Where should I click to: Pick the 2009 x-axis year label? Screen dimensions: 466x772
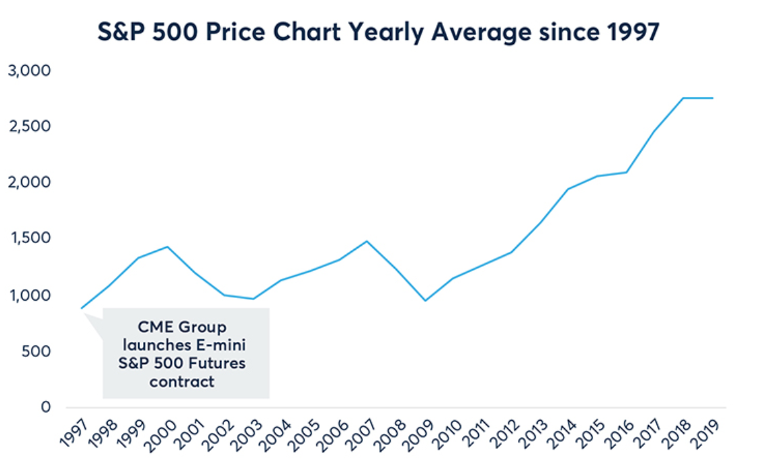(419, 434)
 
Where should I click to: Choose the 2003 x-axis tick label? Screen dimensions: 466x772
(249, 434)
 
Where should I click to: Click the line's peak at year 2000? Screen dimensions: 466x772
(167, 247)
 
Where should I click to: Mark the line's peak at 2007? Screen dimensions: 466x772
(366, 241)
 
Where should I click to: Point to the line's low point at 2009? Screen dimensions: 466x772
(425, 301)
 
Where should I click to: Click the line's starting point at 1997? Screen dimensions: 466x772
(82, 308)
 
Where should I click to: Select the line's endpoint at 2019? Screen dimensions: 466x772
(713, 98)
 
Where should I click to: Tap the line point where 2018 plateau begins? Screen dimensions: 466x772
(684, 98)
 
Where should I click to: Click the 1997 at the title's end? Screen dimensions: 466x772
(629, 32)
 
